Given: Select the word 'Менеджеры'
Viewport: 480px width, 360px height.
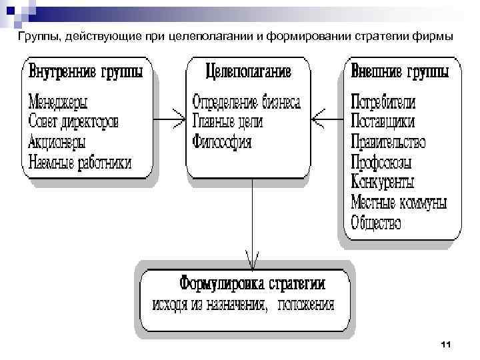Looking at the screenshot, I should (59, 103).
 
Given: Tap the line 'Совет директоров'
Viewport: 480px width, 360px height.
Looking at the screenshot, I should (74, 123).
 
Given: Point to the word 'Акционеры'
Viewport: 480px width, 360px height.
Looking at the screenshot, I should (57, 142).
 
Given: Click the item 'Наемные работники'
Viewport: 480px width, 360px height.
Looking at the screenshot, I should (80, 162).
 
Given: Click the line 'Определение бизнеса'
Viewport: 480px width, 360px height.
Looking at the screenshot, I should (247, 103).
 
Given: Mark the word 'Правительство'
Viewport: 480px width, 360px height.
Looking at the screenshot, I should (388, 142).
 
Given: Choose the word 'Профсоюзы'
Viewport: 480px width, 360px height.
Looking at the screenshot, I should (381, 162).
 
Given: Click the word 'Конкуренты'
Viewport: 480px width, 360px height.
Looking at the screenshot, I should (382, 181).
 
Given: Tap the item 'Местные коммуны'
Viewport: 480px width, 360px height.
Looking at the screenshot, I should (398, 201).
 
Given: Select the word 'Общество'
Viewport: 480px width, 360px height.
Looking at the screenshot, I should (375, 221).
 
